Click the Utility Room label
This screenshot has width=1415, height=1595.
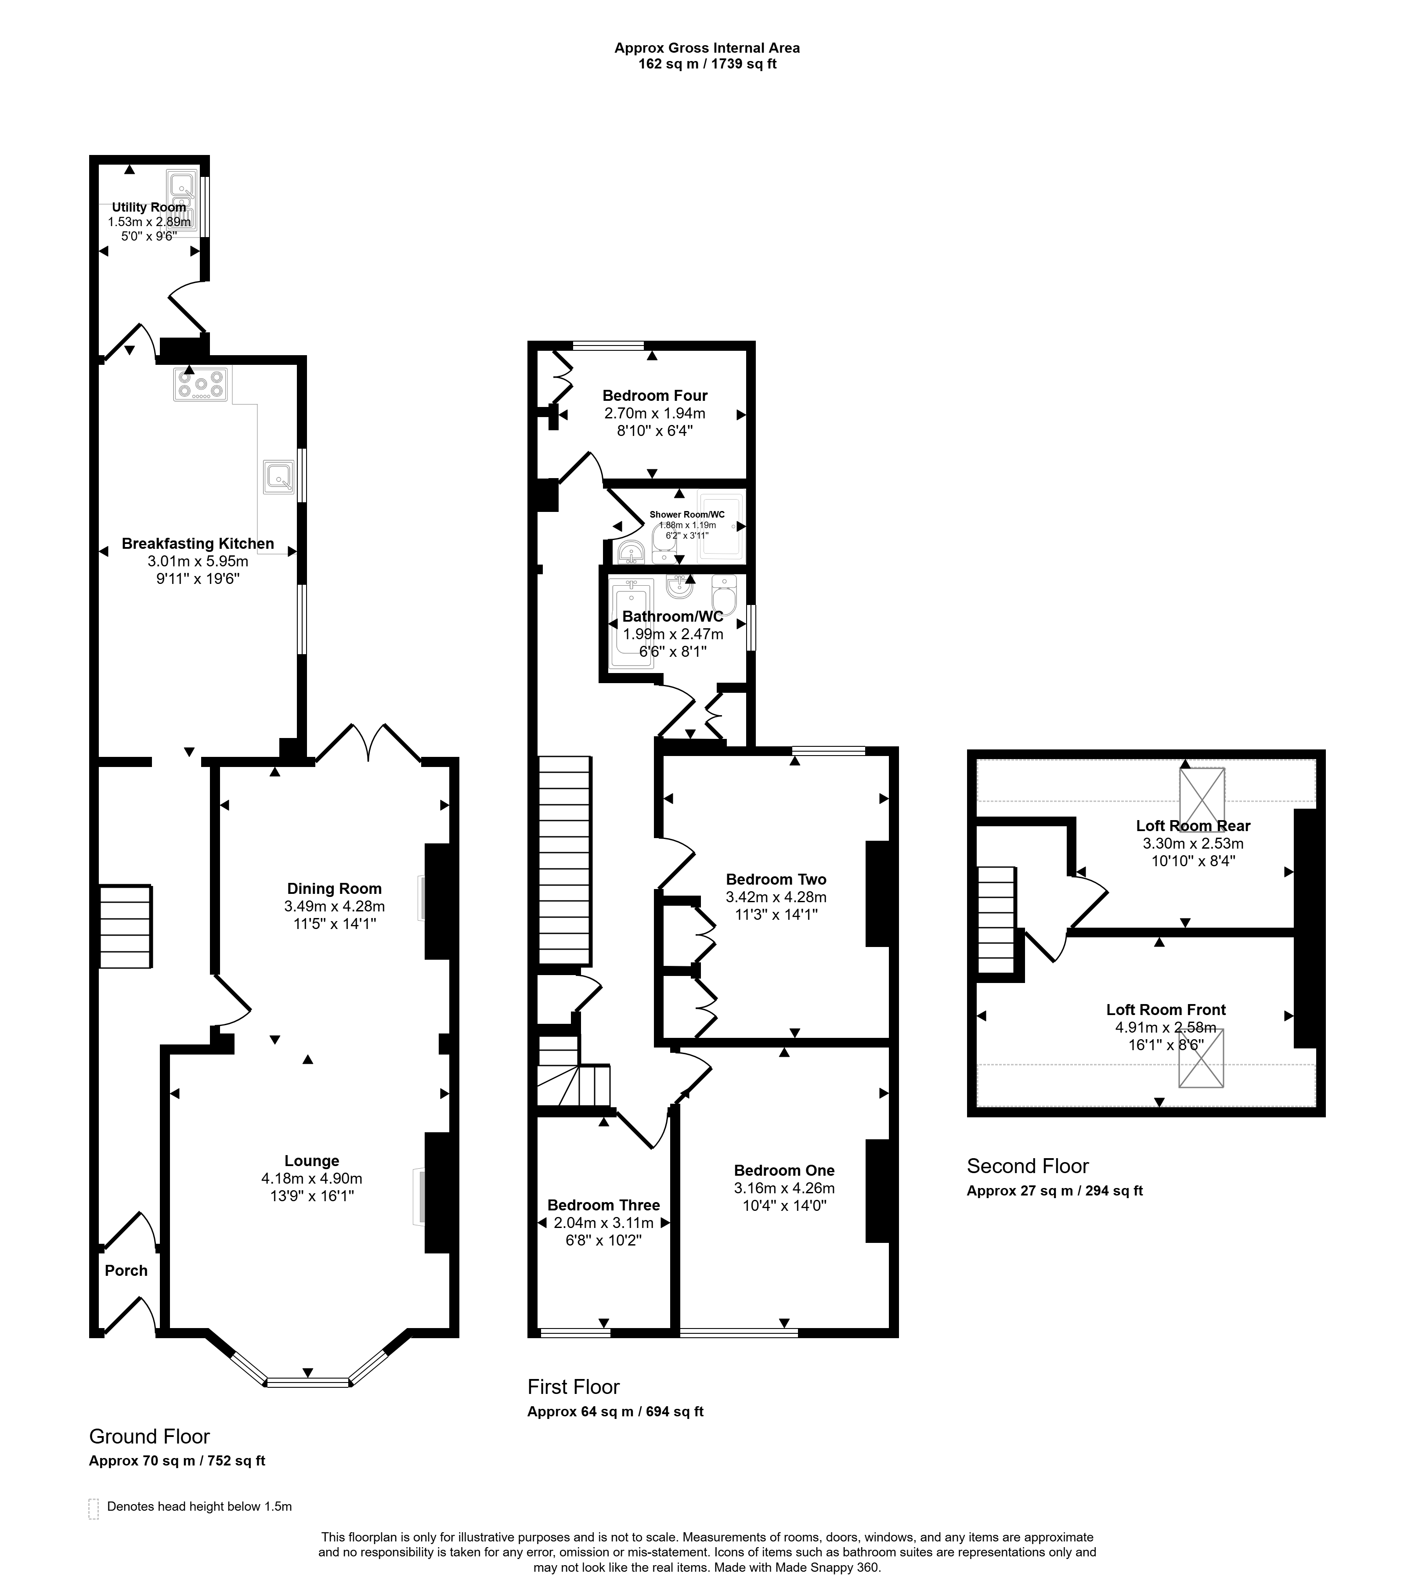(x=149, y=207)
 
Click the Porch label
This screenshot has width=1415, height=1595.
(x=126, y=1271)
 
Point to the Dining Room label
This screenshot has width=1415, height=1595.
(x=334, y=888)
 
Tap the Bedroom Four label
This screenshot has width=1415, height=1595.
(x=655, y=396)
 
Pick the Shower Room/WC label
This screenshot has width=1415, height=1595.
(x=687, y=514)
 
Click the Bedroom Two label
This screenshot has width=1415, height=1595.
(x=776, y=879)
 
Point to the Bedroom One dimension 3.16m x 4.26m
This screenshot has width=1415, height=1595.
(x=784, y=1188)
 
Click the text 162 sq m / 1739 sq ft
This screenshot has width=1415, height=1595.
(x=707, y=64)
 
